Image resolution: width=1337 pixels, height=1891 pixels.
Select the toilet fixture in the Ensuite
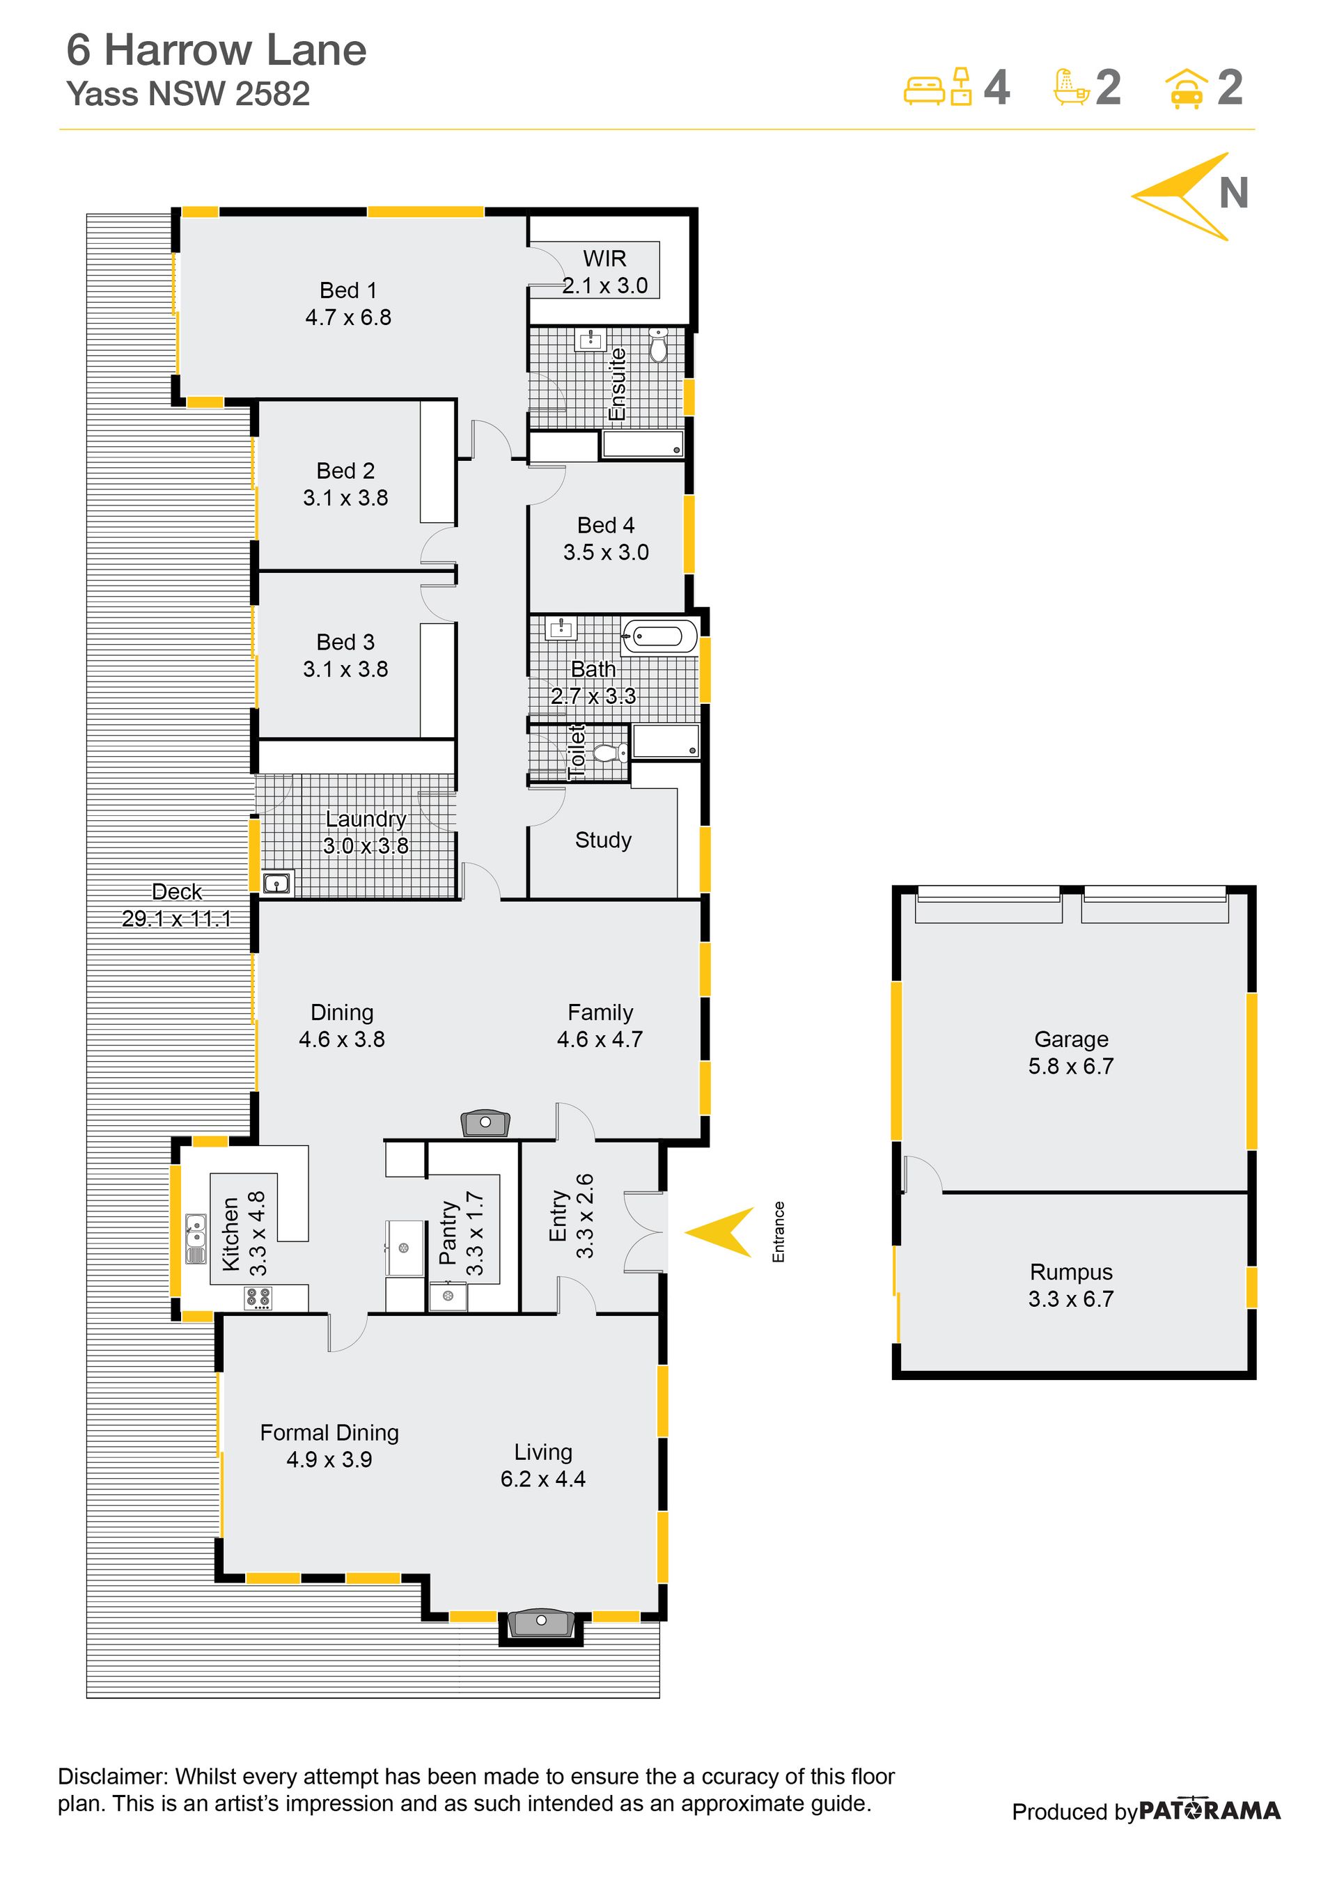[x=658, y=345]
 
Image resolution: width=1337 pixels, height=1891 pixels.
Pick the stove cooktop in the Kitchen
[x=258, y=1298]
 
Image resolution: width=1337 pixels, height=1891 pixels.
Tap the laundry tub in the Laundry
[x=278, y=884]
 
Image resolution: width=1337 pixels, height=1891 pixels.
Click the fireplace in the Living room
[x=540, y=1622]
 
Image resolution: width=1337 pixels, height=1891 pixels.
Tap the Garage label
[x=1071, y=1039]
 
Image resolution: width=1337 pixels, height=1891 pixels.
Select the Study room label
[x=603, y=840]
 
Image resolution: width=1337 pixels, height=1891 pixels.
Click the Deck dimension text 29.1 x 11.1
[x=176, y=918]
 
